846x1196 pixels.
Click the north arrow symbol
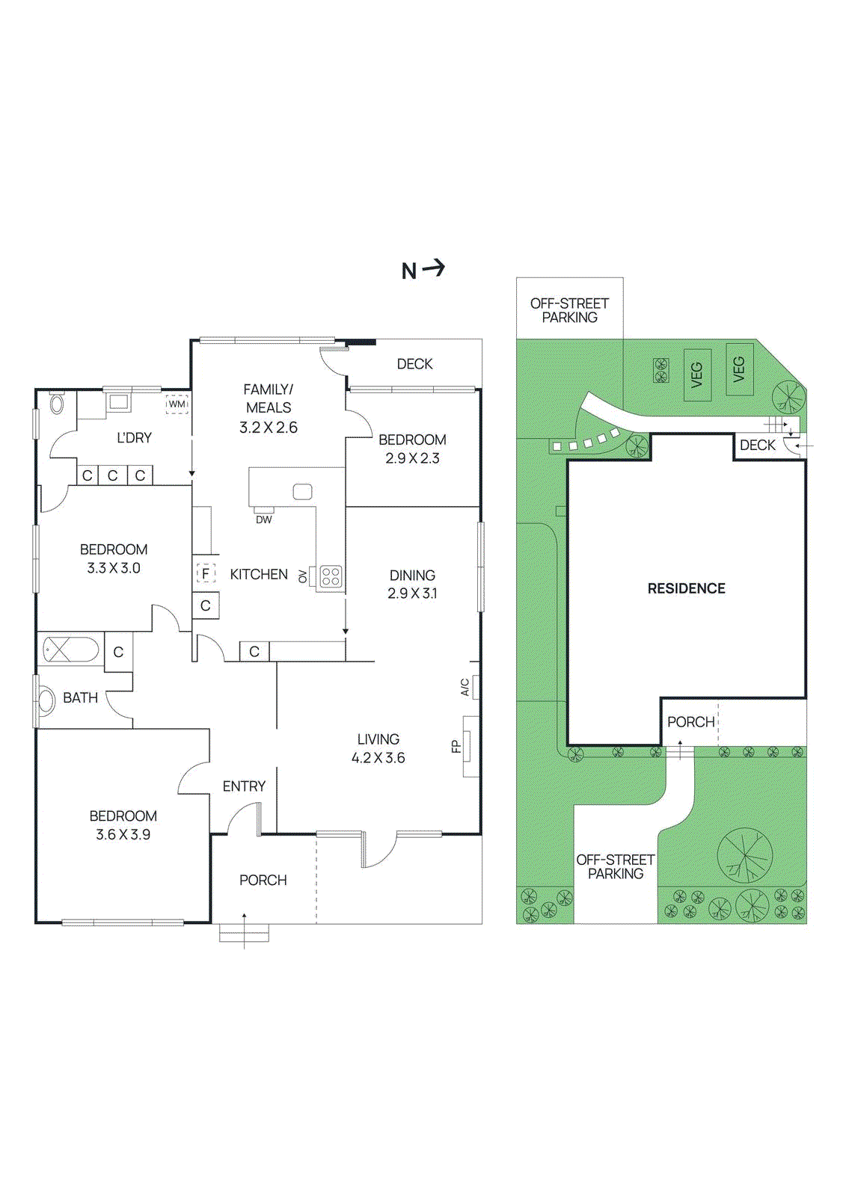tap(434, 268)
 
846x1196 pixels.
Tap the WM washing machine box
tap(177, 404)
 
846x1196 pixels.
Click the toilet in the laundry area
tap(57, 404)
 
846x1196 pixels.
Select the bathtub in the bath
tap(70, 650)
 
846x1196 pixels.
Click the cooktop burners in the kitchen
tap(331, 576)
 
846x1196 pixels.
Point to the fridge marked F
tap(206, 573)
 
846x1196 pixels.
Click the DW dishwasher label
tap(263, 520)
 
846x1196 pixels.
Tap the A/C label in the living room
tap(465, 687)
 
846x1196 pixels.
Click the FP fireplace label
tap(456, 746)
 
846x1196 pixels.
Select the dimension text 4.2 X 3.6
tap(378, 758)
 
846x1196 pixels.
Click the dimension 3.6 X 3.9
tap(123, 835)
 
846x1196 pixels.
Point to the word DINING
tap(412, 575)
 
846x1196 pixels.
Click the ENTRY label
tap(244, 786)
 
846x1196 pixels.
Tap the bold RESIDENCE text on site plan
tap(686, 589)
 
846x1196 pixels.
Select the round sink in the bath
tap(46, 701)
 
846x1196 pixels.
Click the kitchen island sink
tap(302, 491)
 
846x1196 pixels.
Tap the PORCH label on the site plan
tap(690, 722)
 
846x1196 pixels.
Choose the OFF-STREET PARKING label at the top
tap(569, 310)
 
